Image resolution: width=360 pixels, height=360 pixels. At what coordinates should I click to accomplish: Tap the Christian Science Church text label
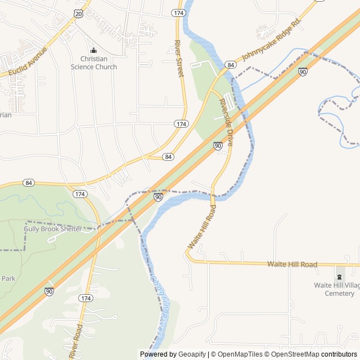94,62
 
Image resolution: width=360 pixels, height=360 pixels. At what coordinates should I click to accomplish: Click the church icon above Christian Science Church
94,50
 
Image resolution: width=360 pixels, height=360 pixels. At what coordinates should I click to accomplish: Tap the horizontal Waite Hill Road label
292,264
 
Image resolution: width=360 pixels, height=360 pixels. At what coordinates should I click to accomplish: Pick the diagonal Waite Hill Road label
202,227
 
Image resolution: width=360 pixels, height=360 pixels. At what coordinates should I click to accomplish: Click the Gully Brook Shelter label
52,229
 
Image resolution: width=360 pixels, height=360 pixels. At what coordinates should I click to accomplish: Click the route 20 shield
78,13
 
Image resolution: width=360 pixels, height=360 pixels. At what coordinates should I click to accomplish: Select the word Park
8,278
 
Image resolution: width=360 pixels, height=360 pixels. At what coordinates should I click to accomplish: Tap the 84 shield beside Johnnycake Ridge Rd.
231,65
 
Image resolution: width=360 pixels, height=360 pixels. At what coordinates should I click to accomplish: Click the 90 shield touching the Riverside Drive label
218,146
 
